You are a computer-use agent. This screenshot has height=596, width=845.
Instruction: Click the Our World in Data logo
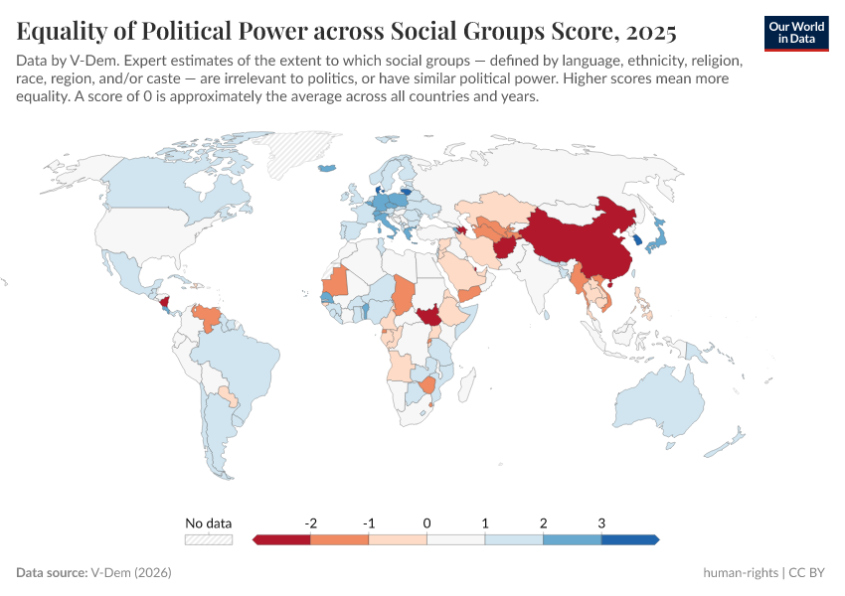tap(796, 32)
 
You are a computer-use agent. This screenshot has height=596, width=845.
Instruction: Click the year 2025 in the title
tap(649, 33)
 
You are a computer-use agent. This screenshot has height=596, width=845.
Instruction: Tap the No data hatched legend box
tap(208, 539)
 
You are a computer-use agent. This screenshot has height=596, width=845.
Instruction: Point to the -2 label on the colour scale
tap(310, 522)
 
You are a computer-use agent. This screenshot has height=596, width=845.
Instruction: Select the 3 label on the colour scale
tap(601, 522)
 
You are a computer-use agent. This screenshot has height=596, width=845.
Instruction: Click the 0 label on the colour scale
tap(426, 522)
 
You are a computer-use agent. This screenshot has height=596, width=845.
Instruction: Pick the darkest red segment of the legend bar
tap(283, 539)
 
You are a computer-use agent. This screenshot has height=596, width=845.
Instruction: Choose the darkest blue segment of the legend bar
tap(628, 539)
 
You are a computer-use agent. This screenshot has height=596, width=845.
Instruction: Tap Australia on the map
tap(661, 402)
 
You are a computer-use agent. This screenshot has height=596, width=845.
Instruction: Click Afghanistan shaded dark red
tap(505, 244)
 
